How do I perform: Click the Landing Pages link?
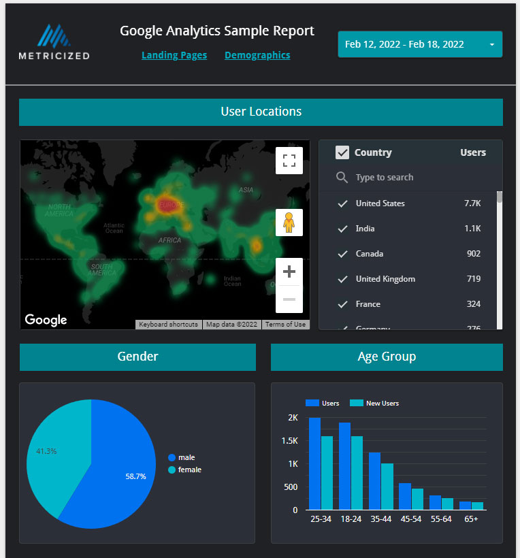pos(174,55)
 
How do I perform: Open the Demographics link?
pos(257,55)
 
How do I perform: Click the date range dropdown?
pos(420,44)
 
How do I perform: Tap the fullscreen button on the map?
pos(289,161)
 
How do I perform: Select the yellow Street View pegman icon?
pos(289,223)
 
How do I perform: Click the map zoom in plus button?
pos(289,272)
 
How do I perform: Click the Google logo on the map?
pos(46,320)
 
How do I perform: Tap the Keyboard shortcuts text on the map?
pos(168,325)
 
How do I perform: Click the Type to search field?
pos(385,178)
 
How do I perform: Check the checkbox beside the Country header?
pos(342,152)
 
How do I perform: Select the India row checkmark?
pos(343,229)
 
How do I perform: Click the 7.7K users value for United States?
pos(472,203)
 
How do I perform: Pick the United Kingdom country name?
pos(385,279)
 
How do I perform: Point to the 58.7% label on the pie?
pos(136,476)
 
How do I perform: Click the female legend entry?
pos(189,470)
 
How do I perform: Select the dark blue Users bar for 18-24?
pos(344,466)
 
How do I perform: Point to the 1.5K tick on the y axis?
pos(290,441)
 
